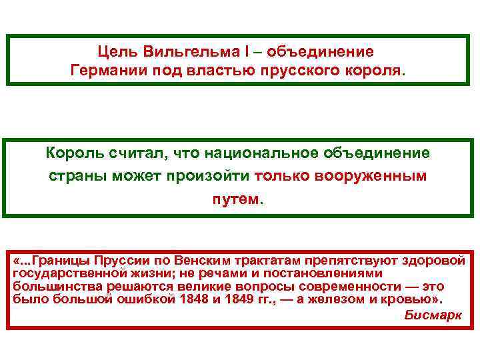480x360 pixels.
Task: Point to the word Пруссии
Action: pyautogui.click(x=124, y=261)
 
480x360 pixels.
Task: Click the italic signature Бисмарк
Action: pyautogui.click(x=433, y=315)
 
